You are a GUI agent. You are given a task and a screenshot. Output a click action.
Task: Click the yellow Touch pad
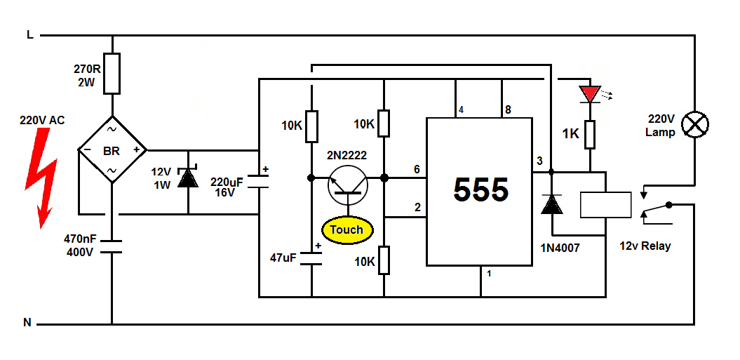point(347,229)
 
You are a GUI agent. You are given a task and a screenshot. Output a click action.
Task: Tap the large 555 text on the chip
point(480,189)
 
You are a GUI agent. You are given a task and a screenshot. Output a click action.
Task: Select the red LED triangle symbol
point(589,93)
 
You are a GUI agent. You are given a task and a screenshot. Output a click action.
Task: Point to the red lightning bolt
point(44,175)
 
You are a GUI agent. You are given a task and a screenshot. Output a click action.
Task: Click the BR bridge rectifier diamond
point(112,150)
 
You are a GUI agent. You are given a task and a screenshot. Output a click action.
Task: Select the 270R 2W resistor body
point(112,73)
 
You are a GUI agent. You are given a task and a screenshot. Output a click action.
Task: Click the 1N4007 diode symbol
point(551,204)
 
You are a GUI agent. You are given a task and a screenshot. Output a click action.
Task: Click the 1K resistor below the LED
point(591,134)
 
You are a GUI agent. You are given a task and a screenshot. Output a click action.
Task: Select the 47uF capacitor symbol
point(311,258)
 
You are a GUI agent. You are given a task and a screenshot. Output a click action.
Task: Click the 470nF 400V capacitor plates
point(112,246)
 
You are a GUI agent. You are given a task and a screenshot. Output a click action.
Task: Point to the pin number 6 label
point(417,170)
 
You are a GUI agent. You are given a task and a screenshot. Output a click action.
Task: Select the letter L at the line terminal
point(29,34)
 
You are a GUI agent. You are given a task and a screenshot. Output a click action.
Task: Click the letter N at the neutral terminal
point(27,323)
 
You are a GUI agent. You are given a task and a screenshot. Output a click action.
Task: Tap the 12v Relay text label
point(645,246)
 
